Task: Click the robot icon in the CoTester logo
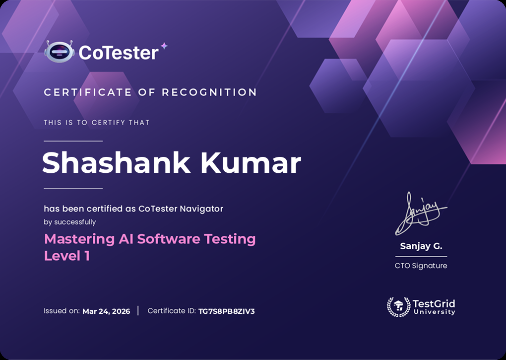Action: coord(59,52)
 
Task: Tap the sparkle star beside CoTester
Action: coord(164,46)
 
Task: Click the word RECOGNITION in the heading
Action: coord(209,92)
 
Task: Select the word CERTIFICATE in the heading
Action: coord(88,92)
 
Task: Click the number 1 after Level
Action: coord(86,256)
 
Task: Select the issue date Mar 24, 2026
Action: coord(106,311)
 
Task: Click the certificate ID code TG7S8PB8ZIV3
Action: coord(226,311)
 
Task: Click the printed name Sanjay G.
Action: coord(421,246)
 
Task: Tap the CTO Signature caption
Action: coord(421,266)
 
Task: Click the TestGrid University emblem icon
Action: coord(398,307)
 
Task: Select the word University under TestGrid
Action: coord(434,312)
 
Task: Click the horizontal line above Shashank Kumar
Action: coord(73,141)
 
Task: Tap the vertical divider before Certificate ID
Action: coord(138,311)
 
